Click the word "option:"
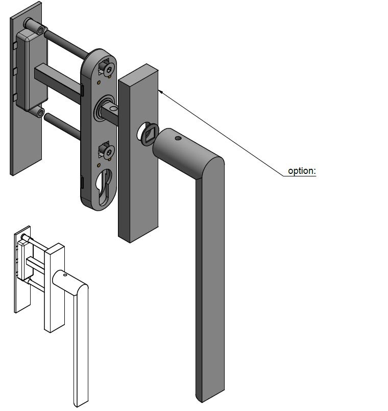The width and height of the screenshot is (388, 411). pos(302,171)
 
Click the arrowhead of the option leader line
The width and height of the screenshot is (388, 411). pos(161,91)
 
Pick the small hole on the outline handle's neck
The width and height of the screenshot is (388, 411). pos(65,275)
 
